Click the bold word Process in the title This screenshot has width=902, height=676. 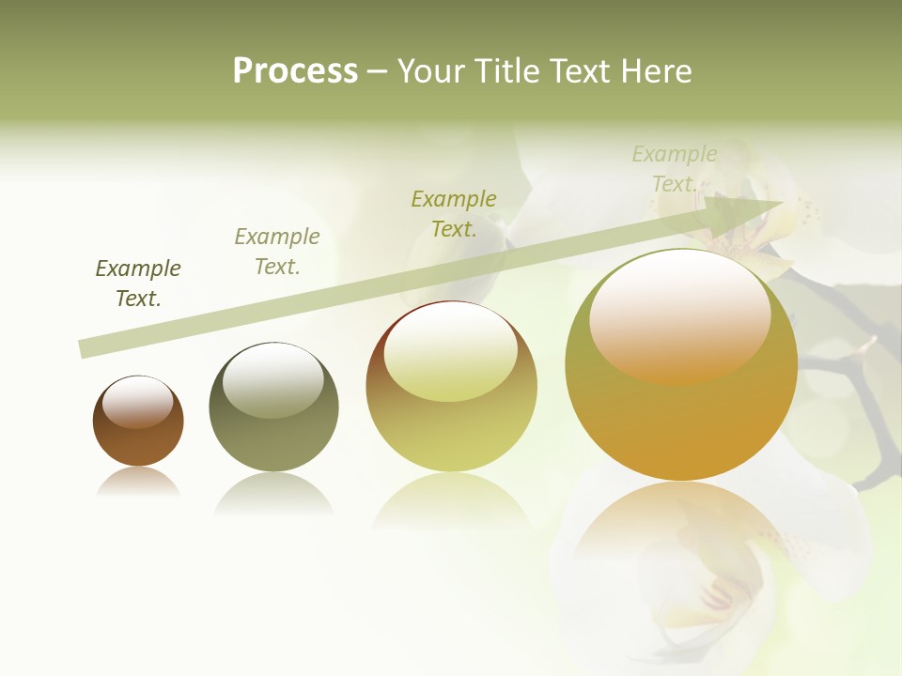click(x=295, y=71)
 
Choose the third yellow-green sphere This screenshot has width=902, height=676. click(x=451, y=432)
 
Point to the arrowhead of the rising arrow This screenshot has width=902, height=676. click(x=752, y=208)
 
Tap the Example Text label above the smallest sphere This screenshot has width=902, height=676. click(x=138, y=284)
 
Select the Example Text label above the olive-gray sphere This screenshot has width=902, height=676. click(x=277, y=252)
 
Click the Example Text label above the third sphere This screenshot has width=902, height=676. click(x=454, y=213)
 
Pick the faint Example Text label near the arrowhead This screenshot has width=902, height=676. click(x=674, y=169)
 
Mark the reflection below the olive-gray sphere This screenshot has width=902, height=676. click(x=273, y=493)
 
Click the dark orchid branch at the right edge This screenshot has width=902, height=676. click(x=879, y=413)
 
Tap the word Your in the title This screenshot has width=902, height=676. click(x=428, y=71)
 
